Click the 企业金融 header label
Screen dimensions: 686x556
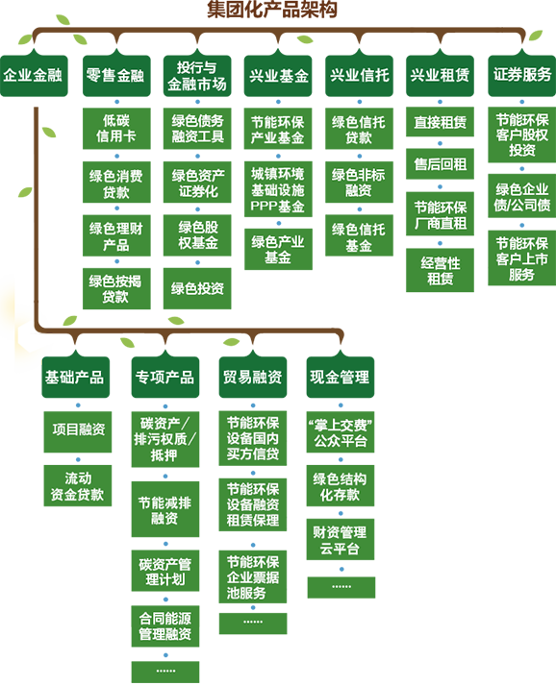pyautogui.click(x=33, y=75)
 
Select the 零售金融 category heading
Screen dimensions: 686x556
pyautogui.click(x=114, y=75)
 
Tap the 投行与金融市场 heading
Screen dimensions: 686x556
pyautogui.click(x=196, y=75)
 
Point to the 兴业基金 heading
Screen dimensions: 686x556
pyautogui.click(x=278, y=75)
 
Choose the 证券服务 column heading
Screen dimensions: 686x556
pyautogui.click(x=522, y=75)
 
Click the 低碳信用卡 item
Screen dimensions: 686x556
pyautogui.click(x=115, y=130)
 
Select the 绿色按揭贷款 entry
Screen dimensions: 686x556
pyautogui.click(x=115, y=288)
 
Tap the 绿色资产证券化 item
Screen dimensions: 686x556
pyautogui.click(x=198, y=183)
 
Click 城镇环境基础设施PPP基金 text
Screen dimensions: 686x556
pyautogui.click(x=278, y=190)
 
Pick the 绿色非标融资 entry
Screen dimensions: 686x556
pyautogui.click(x=359, y=183)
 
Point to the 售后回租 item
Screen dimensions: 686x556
pyautogui.click(x=441, y=164)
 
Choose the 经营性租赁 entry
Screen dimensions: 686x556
pyautogui.click(x=441, y=271)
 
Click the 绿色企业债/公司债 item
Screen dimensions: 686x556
pyautogui.click(x=522, y=197)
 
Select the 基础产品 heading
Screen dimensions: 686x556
pyautogui.click(x=74, y=378)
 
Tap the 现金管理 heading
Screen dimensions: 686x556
pyautogui.click(x=340, y=378)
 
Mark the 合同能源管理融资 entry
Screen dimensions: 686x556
pyautogui.click(x=164, y=626)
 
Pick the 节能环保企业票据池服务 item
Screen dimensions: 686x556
pyautogui.click(x=253, y=577)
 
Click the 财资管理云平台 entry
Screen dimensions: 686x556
pyautogui.click(x=340, y=541)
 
